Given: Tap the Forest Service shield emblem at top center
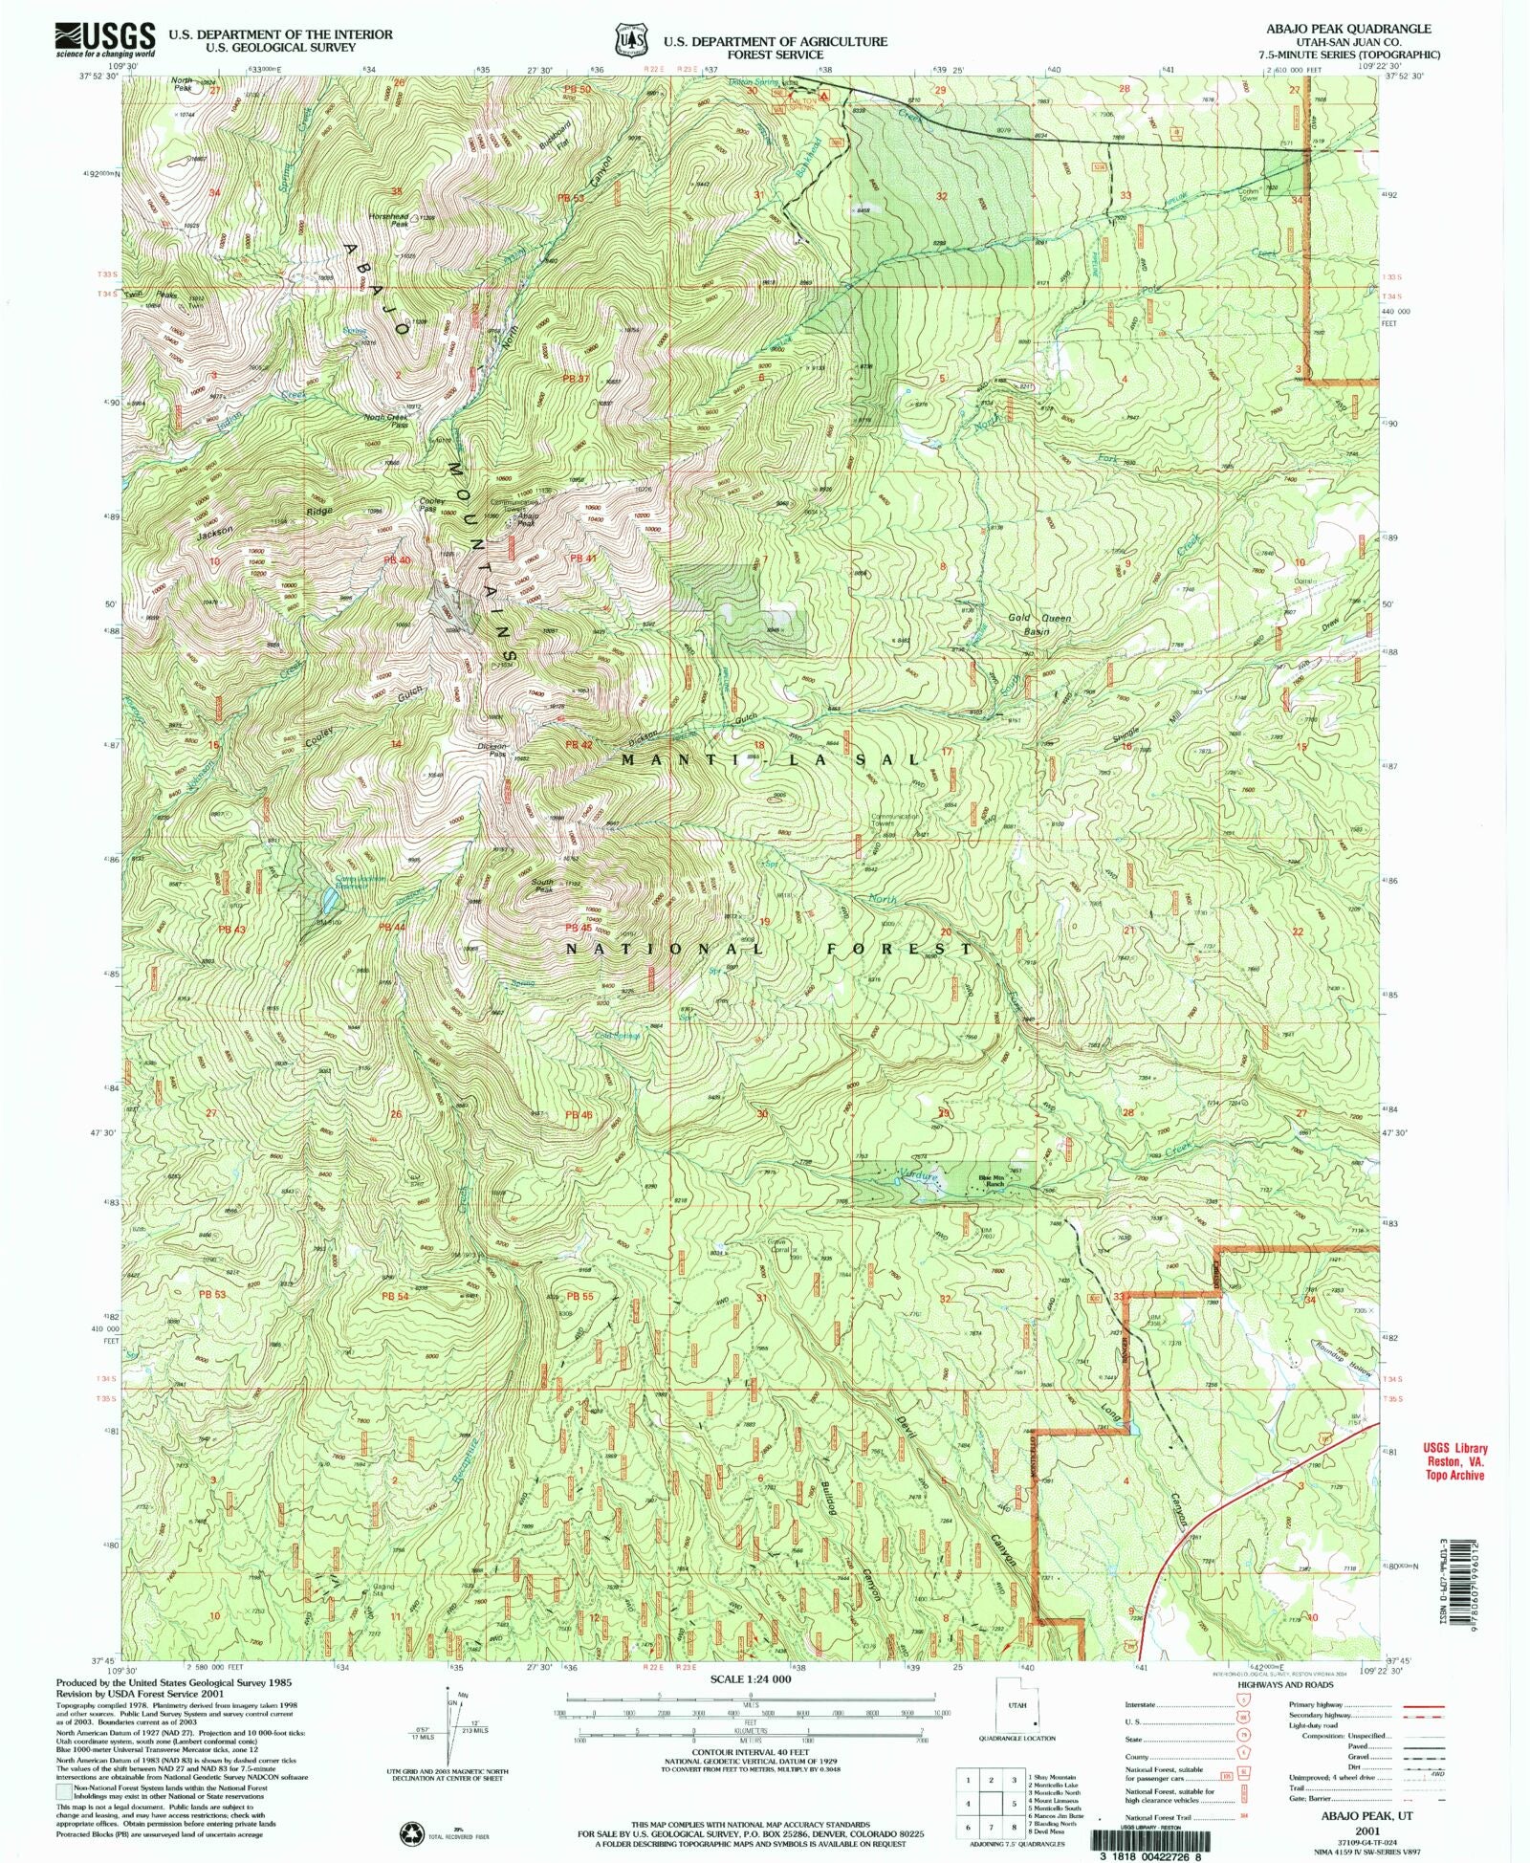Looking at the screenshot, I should click(x=629, y=42).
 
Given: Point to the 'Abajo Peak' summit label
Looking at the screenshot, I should click(x=528, y=520).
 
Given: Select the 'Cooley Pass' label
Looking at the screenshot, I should click(x=428, y=505).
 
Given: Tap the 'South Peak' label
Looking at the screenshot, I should click(x=542, y=888).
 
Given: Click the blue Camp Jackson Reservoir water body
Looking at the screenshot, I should click(x=328, y=898).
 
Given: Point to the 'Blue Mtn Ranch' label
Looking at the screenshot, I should click(x=994, y=1182).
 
